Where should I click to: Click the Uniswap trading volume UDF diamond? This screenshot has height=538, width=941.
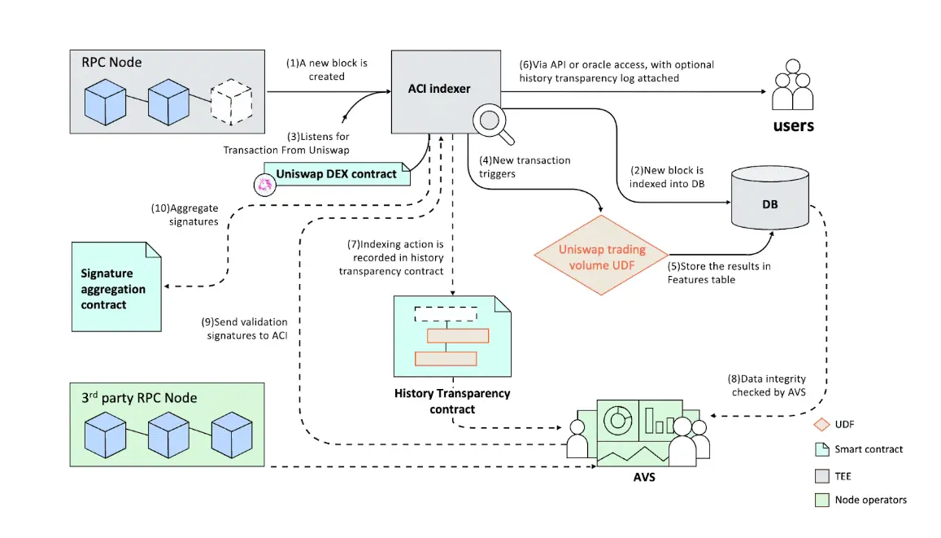602,256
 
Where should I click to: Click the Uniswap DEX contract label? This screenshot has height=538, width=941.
337,173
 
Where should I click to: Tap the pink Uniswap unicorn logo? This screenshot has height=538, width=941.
264,186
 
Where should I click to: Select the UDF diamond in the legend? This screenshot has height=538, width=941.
821,423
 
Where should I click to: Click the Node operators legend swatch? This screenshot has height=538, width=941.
821,500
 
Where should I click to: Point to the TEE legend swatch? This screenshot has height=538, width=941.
821,475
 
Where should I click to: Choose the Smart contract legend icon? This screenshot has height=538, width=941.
821,449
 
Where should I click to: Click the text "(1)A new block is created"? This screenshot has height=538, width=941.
326,70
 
